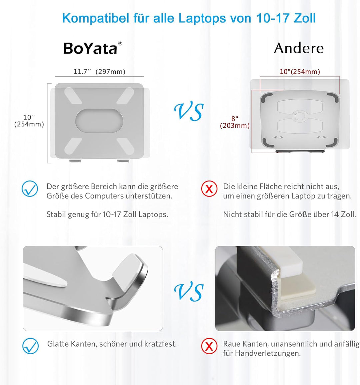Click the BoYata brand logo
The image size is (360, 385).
point(90,48)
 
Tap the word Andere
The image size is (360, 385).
point(299,48)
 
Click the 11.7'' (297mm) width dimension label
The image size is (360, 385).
point(99,72)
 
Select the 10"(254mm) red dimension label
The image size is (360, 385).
point(300,72)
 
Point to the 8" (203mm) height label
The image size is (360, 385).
point(235,122)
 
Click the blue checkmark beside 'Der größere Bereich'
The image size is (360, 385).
point(30,189)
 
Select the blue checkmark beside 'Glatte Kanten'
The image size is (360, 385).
point(30,346)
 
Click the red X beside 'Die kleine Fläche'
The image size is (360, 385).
point(209,189)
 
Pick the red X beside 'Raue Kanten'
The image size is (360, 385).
point(209,346)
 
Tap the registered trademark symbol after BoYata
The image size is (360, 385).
point(120,43)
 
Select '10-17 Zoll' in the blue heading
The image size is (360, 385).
point(286,18)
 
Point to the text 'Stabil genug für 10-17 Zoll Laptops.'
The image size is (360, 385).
point(107,215)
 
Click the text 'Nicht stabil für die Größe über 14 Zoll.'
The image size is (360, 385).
point(289,215)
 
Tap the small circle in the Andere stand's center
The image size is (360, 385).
point(300,116)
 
